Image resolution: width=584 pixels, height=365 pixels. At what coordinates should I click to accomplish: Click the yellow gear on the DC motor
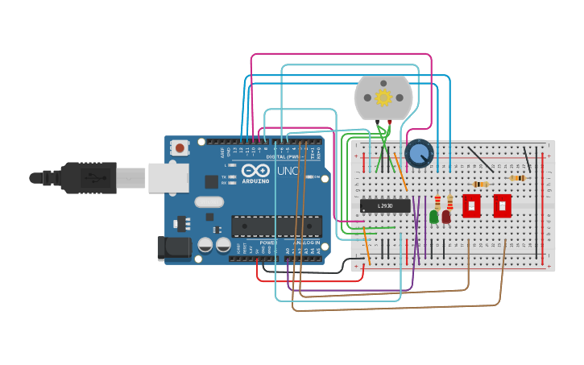pos(383,97)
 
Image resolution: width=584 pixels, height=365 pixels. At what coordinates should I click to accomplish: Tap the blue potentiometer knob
pos(419,153)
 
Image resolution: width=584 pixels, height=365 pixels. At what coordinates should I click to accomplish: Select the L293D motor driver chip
pos(385,206)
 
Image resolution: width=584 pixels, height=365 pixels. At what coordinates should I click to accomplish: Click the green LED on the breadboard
pos(434,216)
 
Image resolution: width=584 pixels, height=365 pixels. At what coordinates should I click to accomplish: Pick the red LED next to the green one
pos(446,216)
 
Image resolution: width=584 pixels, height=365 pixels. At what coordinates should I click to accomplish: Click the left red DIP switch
pos(471,205)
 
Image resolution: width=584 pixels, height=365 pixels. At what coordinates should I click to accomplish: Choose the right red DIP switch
pos(502,205)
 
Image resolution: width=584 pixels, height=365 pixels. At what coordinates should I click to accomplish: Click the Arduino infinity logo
pos(255,172)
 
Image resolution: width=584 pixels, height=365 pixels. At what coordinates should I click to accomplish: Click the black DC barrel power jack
pos(174,248)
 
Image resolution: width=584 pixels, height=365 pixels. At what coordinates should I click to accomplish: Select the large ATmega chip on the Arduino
pos(276,226)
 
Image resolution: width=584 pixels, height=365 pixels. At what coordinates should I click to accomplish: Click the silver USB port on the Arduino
pos(168,177)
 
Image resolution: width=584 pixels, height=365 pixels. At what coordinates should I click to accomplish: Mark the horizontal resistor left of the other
pos(480,185)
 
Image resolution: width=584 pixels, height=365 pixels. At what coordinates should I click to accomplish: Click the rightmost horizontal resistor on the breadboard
pos(518,178)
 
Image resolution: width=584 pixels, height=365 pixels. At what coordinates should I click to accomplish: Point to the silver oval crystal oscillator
pos(209,202)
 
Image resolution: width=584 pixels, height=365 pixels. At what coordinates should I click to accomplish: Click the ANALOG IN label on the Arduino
pos(306,242)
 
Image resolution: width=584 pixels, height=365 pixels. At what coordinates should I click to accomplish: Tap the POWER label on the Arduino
pos(268,242)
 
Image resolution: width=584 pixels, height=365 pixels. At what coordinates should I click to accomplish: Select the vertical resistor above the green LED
pos(437,201)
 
